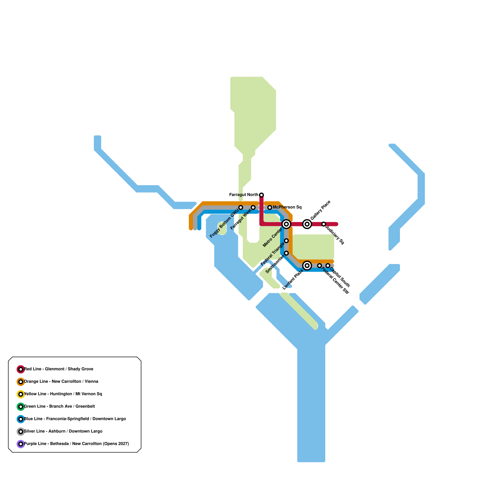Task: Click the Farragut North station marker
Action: click(261, 195)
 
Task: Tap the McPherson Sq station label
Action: click(287, 207)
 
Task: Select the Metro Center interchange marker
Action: click(286, 224)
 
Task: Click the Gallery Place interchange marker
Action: click(307, 224)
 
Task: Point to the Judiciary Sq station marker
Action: click(324, 224)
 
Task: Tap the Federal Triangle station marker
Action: click(286, 241)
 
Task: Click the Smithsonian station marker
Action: click(286, 253)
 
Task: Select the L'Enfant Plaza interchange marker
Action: click(307, 265)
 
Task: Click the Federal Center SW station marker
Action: click(319, 265)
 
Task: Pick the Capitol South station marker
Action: click(328, 265)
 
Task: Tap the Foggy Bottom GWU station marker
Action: click(241, 208)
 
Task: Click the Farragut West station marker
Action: click(253, 208)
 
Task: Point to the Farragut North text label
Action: click(244, 195)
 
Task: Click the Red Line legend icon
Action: click(21, 369)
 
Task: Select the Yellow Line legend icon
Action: click(21, 394)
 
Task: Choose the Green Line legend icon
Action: click(21, 407)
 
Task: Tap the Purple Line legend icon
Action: click(21, 444)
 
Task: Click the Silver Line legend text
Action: click(63, 431)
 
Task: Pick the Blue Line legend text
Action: click(75, 419)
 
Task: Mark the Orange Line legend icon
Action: click(21, 382)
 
